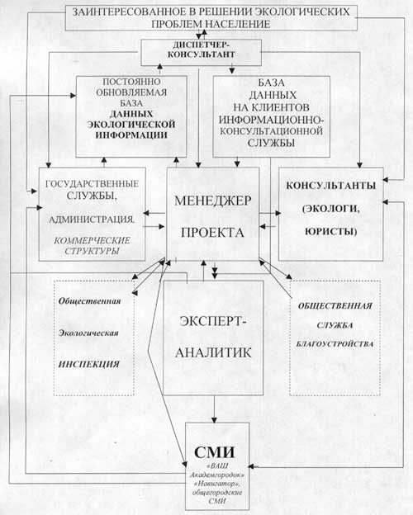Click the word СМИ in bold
215,452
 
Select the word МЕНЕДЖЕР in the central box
213,201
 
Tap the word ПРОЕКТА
212,233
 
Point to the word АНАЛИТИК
213,352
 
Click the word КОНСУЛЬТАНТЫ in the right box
330,186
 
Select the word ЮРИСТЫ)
330,232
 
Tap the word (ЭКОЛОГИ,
330,209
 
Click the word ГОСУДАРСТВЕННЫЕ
92,184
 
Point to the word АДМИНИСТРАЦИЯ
92,220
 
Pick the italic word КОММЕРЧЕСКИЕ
92,240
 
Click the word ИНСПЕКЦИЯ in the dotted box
88,364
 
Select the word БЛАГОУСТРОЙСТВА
335,344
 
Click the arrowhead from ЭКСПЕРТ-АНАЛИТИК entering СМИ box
215,419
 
